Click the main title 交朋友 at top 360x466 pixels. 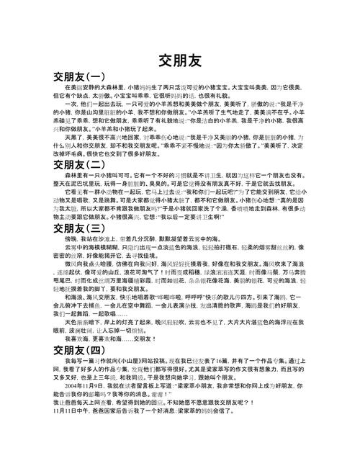click(179, 60)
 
